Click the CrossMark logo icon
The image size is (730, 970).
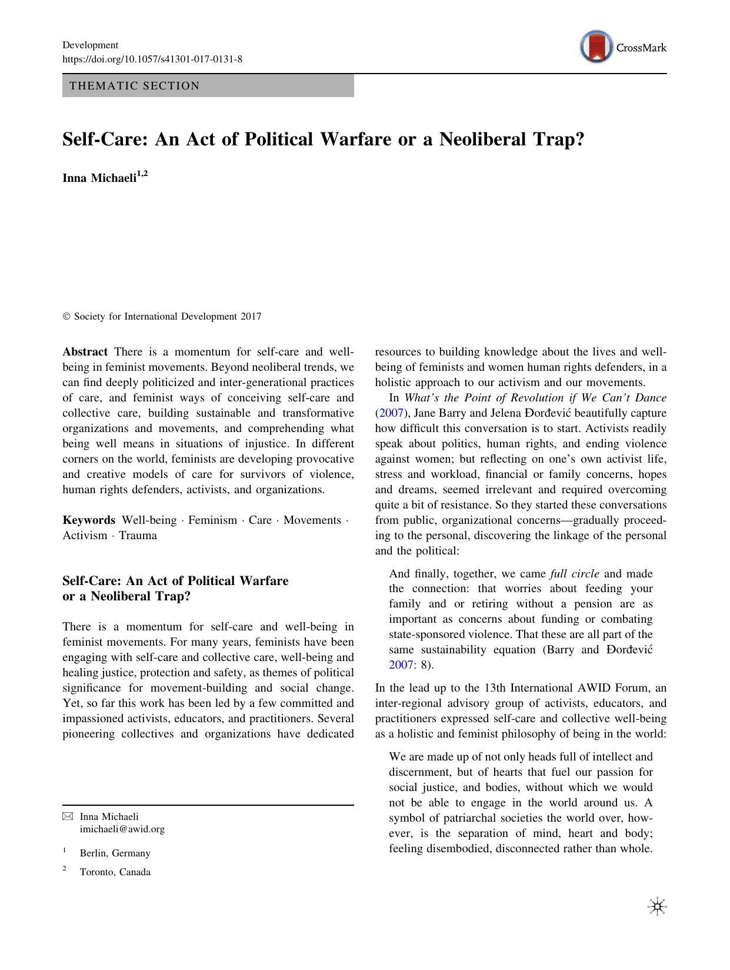595,48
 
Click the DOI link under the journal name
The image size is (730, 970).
152,59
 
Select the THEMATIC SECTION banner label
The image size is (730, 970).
135,86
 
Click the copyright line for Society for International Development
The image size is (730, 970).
162,317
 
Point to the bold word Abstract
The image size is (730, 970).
85,352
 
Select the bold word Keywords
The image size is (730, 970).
89,520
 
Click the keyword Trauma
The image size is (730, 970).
138,536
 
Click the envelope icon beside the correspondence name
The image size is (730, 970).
68,816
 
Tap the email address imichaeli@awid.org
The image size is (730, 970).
122,829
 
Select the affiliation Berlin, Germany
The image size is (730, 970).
115,853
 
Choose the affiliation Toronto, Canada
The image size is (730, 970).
115,872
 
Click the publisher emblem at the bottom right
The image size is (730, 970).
656,907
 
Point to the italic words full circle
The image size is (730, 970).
575,573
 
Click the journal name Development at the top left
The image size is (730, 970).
90,45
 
